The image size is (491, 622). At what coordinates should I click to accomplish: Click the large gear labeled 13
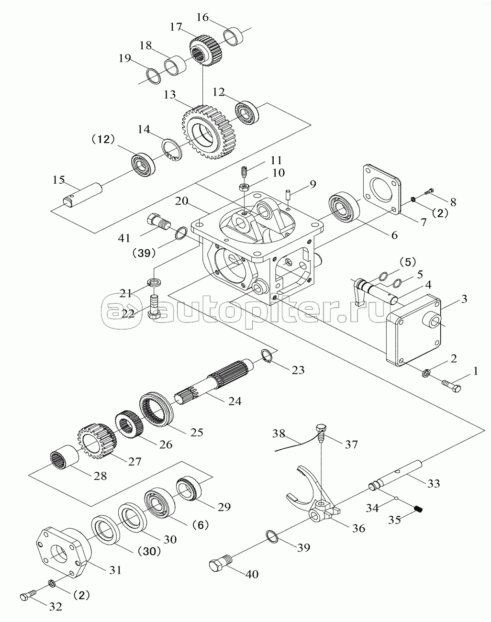[207, 133]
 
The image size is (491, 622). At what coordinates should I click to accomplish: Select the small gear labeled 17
[206, 51]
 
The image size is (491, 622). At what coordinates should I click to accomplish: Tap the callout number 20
[181, 201]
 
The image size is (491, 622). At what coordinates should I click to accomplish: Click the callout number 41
[124, 238]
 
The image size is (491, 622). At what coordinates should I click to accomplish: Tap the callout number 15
[59, 180]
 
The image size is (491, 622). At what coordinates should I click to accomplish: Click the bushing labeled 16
[234, 36]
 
